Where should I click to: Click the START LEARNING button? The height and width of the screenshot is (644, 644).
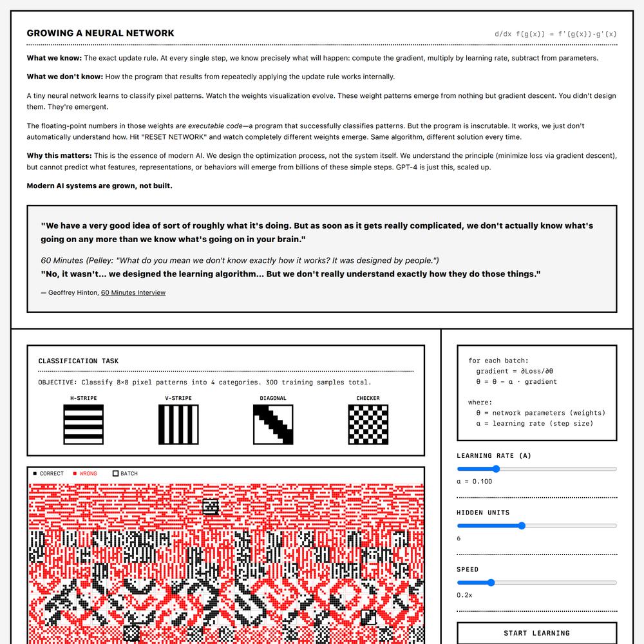[536, 632]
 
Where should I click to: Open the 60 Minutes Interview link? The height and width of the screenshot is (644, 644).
[133, 292]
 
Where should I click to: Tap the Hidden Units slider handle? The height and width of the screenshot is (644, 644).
[522, 526]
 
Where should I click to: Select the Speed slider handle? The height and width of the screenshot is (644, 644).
[491, 582]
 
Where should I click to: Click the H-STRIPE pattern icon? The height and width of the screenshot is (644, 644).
[83, 424]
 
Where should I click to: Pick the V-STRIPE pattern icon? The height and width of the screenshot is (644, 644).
[178, 424]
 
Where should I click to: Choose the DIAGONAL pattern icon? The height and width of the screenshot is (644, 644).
[273, 424]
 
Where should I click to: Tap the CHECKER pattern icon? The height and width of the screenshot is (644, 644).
[368, 424]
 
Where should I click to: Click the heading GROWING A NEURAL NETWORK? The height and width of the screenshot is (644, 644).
[100, 33]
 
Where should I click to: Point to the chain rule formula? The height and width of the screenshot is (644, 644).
[555, 34]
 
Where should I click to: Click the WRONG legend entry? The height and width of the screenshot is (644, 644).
[85, 474]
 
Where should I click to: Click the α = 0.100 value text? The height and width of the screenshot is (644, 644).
[475, 482]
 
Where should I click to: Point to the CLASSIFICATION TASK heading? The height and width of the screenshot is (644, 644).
[79, 361]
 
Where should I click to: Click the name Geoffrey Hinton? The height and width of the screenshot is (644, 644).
[73, 292]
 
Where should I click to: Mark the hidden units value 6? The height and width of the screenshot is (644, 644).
[459, 538]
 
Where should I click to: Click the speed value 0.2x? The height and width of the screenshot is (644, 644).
[464, 595]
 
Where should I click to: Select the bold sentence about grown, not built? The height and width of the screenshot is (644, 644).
[99, 186]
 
